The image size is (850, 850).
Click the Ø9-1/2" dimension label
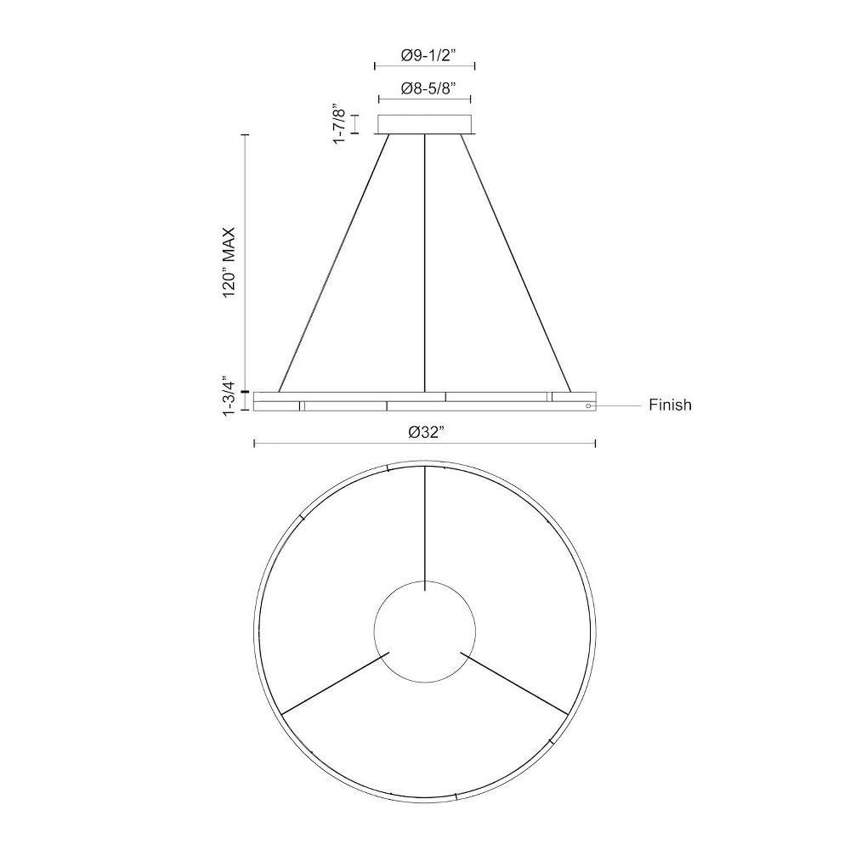pyautogui.click(x=426, y=55)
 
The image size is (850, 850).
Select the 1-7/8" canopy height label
pyautogui.click(x=339, y=123)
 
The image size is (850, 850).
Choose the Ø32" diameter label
pyautogui.click(x=426, y=432)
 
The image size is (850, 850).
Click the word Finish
pyautogui.click(x=670, y=405)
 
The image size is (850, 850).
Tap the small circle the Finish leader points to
pyautogui.click(x=587, y=405)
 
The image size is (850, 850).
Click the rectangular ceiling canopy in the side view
pyautogui.click(x=424, y=124)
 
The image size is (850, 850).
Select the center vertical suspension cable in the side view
pyautogui.click(x=424, y=263)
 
